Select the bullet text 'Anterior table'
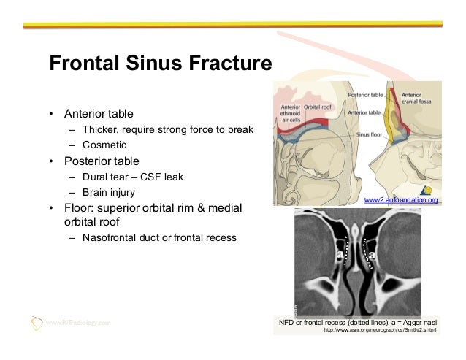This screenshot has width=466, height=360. pos(99,114)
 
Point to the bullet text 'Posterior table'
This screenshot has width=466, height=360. pos(101,161)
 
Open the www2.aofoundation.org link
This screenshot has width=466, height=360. pos(401,199)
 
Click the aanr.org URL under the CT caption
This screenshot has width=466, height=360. pos(379,329)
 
